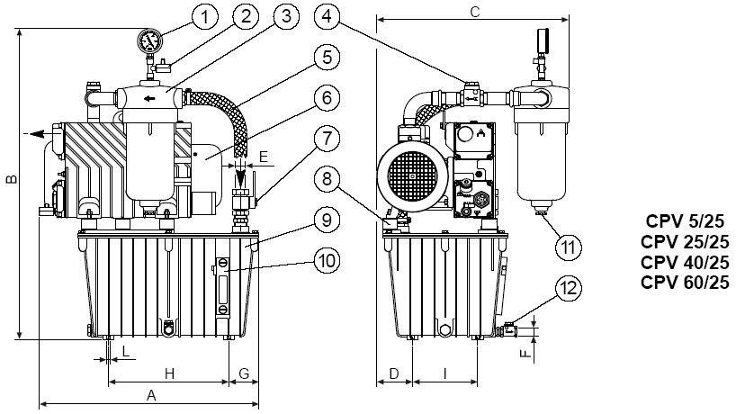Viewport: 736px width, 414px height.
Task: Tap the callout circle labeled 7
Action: click(x=328, y=140)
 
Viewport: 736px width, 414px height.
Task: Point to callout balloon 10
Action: click(x=328, y=260)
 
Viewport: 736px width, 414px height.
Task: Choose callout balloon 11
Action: click(x=564, y=245)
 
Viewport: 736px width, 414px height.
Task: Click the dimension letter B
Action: click(x=11, y=179)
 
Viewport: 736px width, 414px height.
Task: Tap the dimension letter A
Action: click(x=151, y=394)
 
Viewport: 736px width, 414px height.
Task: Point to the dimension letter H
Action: click(x=168, y=372)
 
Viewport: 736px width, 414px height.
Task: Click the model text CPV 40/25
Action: click(x=685, y=262)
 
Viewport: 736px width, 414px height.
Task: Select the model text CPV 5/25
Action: click(x=685, y=220)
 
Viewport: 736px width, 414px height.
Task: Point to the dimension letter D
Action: click(x=393, y=372)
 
